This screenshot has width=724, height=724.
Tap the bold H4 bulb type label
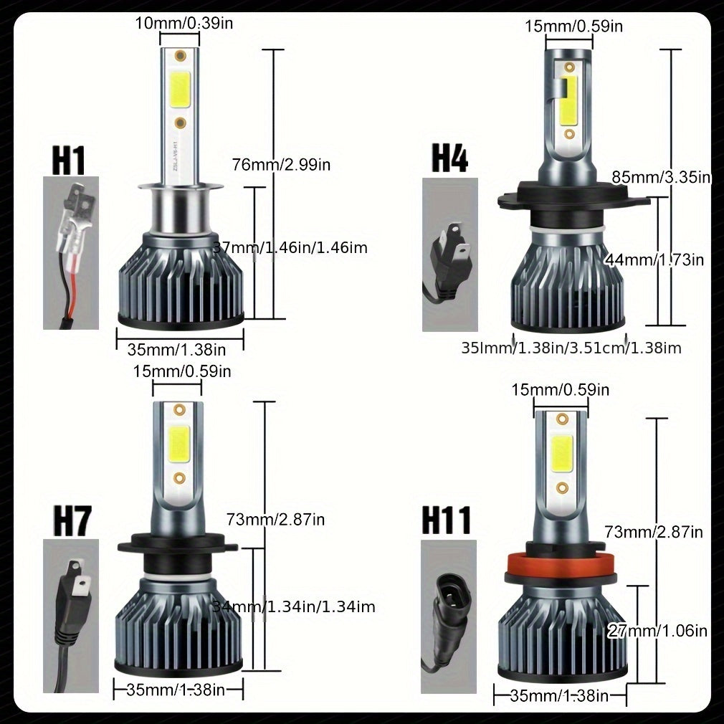click(x=449, y=158)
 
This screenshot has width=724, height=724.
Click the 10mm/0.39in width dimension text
click(x=184, y=24)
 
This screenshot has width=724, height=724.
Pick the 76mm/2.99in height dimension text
click(x=281, y=165)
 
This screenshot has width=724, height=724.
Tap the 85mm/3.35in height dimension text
click(x=661, y=176)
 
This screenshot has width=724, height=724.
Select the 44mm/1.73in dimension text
click(x=654, y=259)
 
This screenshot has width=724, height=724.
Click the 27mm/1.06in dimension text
click(x=657, y=631)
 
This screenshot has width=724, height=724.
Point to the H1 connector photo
click(x=70, y=252)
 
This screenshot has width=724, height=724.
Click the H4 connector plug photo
click(x=449, y=254)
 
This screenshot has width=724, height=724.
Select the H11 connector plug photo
click(x=448, y=616)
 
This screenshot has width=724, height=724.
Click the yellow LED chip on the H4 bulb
click(x=569, y=100)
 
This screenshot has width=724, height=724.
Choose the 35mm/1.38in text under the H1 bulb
click(x=177, y=350)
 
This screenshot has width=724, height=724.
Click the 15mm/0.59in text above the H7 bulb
click(x=182, y=371)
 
